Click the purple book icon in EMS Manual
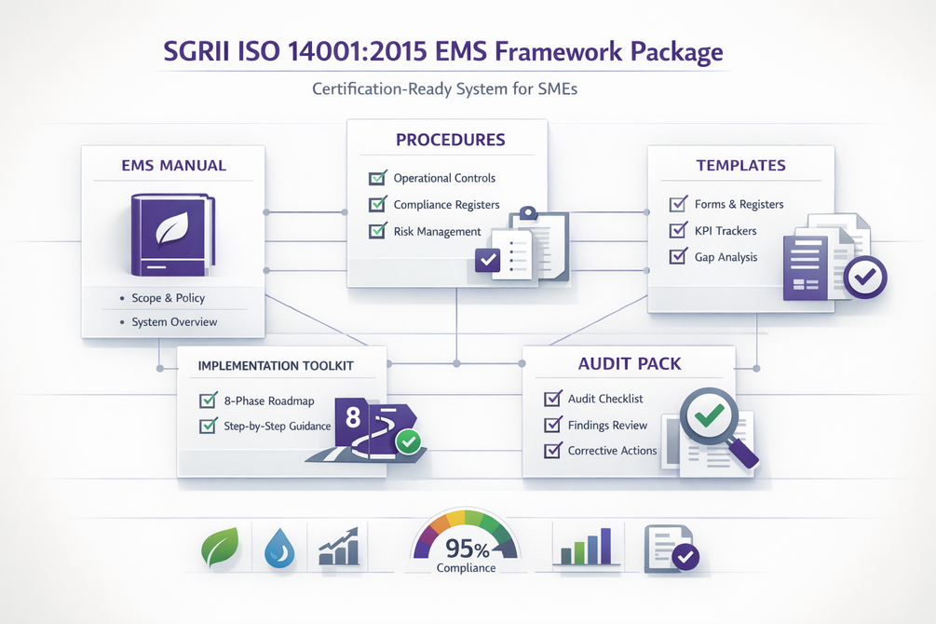[x=173, y=234]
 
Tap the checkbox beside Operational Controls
[x=377, y=177]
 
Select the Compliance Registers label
[x=446, y=204]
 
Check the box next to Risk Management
[x=377, y=230]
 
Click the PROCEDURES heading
[x=451, y=140]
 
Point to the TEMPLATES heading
[x=740, y=166]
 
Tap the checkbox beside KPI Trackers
[x=678, y=230]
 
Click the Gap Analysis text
[x=726, y=257]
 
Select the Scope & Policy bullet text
[x=169, y=298]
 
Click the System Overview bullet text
[x=174, y=322]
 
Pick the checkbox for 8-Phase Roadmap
[x=209, y=400]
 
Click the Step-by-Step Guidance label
[x=277, y=426]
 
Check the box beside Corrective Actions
[x=553, y=450]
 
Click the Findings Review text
[x=607, y=425]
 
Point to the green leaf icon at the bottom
[x=221, y=547]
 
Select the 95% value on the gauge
[x=468, y=549]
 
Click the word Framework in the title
[x=559, y=51]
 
